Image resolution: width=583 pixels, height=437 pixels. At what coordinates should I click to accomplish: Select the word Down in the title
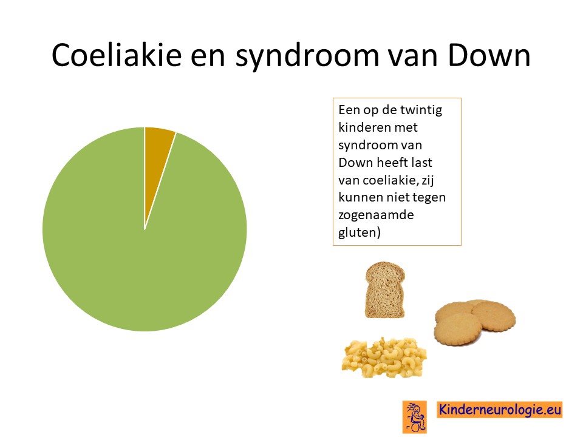[x=489, y=55]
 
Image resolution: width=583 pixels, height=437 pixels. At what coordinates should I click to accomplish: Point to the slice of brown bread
[x=385, y=290]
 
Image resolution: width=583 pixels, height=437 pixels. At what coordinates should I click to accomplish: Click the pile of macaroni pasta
[x=384, y=357]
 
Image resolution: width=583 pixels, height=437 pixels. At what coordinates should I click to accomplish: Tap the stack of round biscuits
[x=475, y=322]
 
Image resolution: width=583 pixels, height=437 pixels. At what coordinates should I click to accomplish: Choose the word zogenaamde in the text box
[x=376, y=215]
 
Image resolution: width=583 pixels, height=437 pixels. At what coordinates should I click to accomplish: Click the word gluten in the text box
[x=357, y=232]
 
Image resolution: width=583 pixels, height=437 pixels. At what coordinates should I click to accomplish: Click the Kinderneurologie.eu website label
[x=499, y=410]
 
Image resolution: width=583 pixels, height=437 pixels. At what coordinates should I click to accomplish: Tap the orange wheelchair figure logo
[x=415, y=417]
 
